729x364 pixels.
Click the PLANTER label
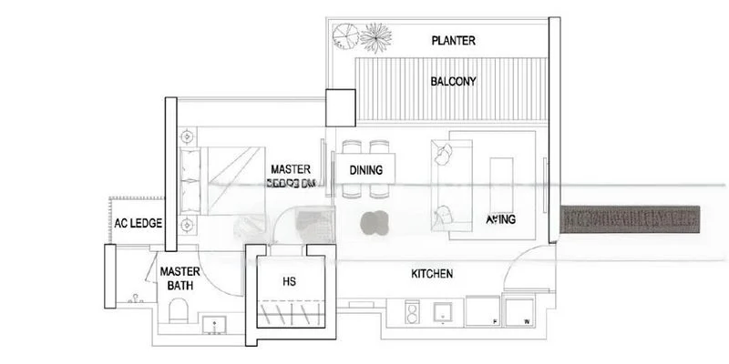point(454,41)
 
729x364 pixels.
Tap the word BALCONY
point(454,81)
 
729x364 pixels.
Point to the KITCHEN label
point(433,274)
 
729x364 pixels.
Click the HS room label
point(290,281)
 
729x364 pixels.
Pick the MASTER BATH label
point(180,278)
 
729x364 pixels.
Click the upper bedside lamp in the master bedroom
point(187,136)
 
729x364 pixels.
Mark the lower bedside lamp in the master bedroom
point(187,222)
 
